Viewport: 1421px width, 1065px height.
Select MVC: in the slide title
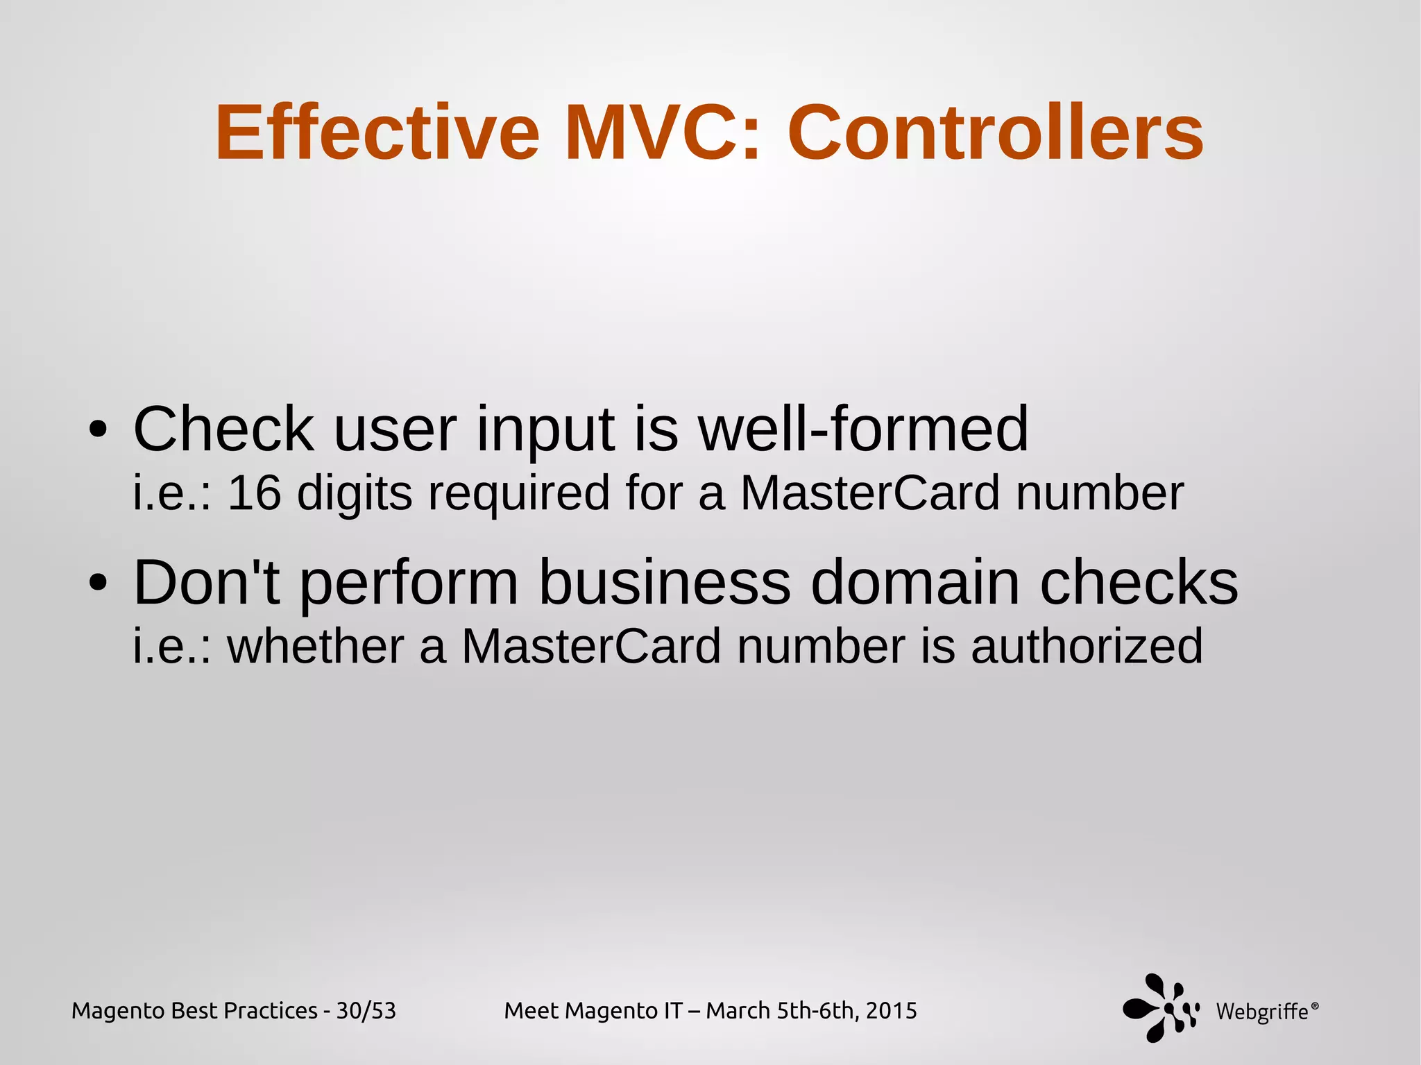coord(663,133)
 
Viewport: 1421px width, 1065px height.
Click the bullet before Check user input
coord(98,429)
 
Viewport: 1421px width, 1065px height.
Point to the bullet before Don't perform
coord(98,583)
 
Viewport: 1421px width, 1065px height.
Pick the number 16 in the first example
coord(254,493)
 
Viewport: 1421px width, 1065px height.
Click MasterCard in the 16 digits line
coord(870,493)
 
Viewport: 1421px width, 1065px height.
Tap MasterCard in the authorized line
coord(591,646)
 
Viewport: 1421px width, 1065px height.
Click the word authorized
coord(1087,646)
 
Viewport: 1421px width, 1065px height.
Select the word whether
coord(316,646)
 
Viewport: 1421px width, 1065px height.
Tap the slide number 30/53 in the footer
coord(366,1011)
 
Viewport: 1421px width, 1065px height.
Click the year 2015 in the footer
coord(891,1011)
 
